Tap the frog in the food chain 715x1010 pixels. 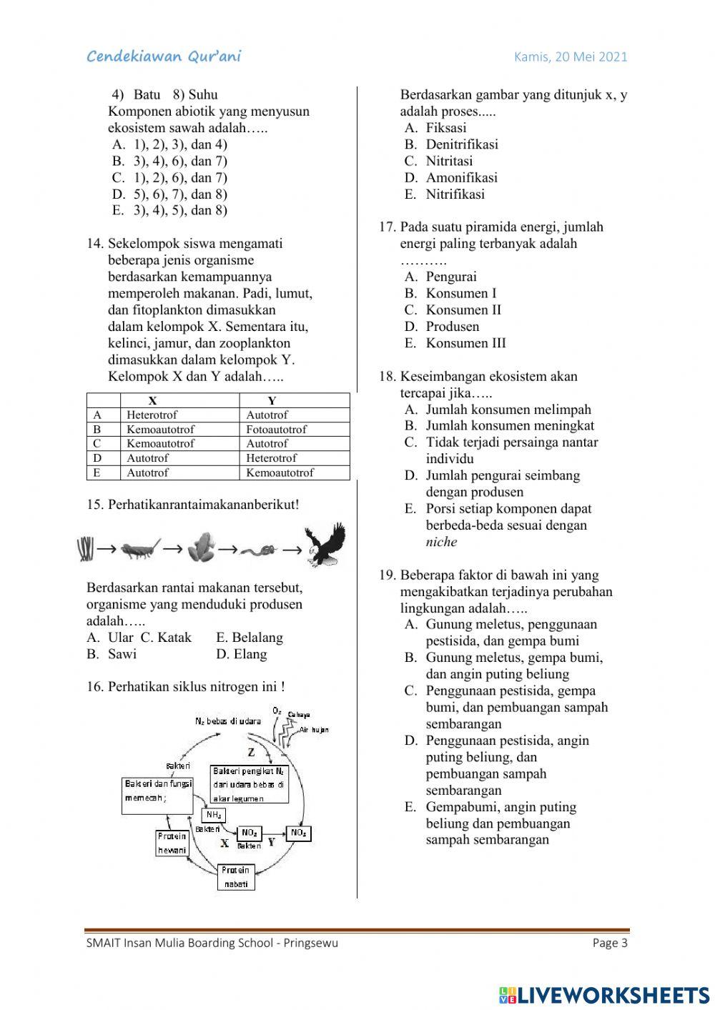pos(199,548)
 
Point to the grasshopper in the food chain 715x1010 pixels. pos(141,549)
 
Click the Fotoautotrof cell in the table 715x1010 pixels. pos(276,430)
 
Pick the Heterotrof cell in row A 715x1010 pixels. pos(152,415)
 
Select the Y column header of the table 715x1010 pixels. pos(272,401)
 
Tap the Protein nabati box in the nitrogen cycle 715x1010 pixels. pos(236,877)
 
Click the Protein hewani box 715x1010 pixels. pos(172,843)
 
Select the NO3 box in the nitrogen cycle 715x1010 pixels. pos(298,833)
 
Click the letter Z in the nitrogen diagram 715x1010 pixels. pos(251,752)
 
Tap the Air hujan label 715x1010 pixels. pos(315,730)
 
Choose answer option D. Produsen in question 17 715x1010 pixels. pos(452,327)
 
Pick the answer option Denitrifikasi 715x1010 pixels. pos(461,144)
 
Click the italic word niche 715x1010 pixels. pos(441,542)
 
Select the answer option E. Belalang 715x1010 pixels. pos(249,638)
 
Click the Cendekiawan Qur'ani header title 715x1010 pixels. pos(164,56)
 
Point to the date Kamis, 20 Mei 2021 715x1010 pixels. pos(571,57)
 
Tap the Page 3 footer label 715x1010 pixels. pos(610,943)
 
